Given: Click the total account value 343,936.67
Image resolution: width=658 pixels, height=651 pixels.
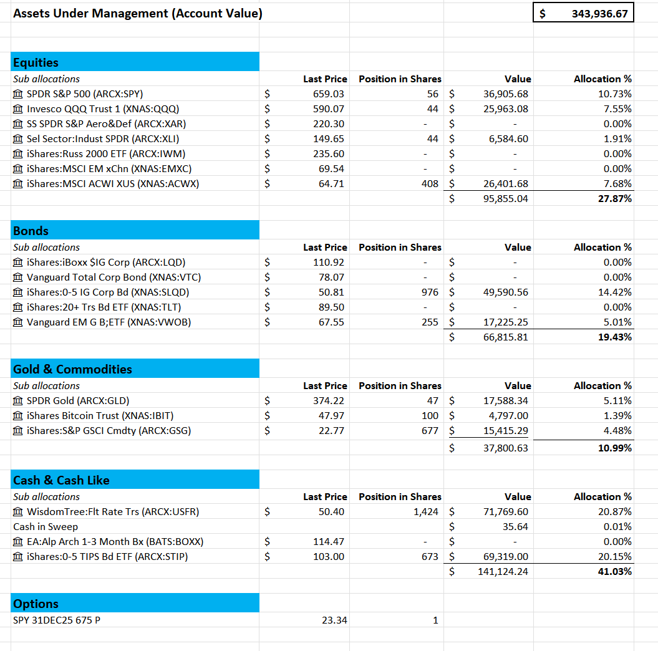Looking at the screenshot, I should tap(599, 13).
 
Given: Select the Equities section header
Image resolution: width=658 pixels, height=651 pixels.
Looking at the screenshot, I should tap(36, 62).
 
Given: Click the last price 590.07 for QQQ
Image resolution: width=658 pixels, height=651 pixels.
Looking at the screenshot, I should tap(328, 109).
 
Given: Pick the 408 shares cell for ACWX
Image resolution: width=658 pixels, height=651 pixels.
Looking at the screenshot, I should tap(430, 184).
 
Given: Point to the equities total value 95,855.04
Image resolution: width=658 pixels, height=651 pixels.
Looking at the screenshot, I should tap(506, 199).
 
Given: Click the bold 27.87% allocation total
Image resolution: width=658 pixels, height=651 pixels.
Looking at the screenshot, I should tap(615, 199).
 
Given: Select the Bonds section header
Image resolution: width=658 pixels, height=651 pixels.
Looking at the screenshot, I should tap(31, 231).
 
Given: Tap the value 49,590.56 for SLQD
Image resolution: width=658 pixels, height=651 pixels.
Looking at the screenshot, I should tap(506, 292).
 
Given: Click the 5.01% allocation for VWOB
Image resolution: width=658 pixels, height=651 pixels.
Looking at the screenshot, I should tap(617, 322).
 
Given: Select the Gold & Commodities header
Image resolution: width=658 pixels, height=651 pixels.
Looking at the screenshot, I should tap(72, 369).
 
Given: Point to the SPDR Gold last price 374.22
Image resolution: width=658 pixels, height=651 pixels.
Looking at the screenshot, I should tap(328, 401).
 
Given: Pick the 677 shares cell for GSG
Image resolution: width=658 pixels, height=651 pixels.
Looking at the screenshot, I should tap(430, 431).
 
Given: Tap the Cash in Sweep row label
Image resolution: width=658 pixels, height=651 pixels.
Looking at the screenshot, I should tap(46, 527).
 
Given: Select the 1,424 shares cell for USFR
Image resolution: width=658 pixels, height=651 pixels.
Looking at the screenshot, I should tap(425, 512).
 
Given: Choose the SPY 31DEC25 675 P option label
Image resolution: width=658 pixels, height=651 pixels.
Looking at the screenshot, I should tap(57, 620).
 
